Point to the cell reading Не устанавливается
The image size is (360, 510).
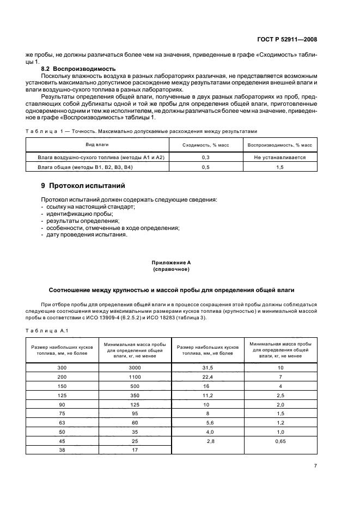[279, 157]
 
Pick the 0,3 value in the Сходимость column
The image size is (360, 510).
[206, 157]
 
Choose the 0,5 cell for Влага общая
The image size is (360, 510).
[206, 167]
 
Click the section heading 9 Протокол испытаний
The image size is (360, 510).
[83, 186]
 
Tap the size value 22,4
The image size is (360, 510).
[208, 377]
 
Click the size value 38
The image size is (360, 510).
[62, 450]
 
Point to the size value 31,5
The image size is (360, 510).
[208, 368]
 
